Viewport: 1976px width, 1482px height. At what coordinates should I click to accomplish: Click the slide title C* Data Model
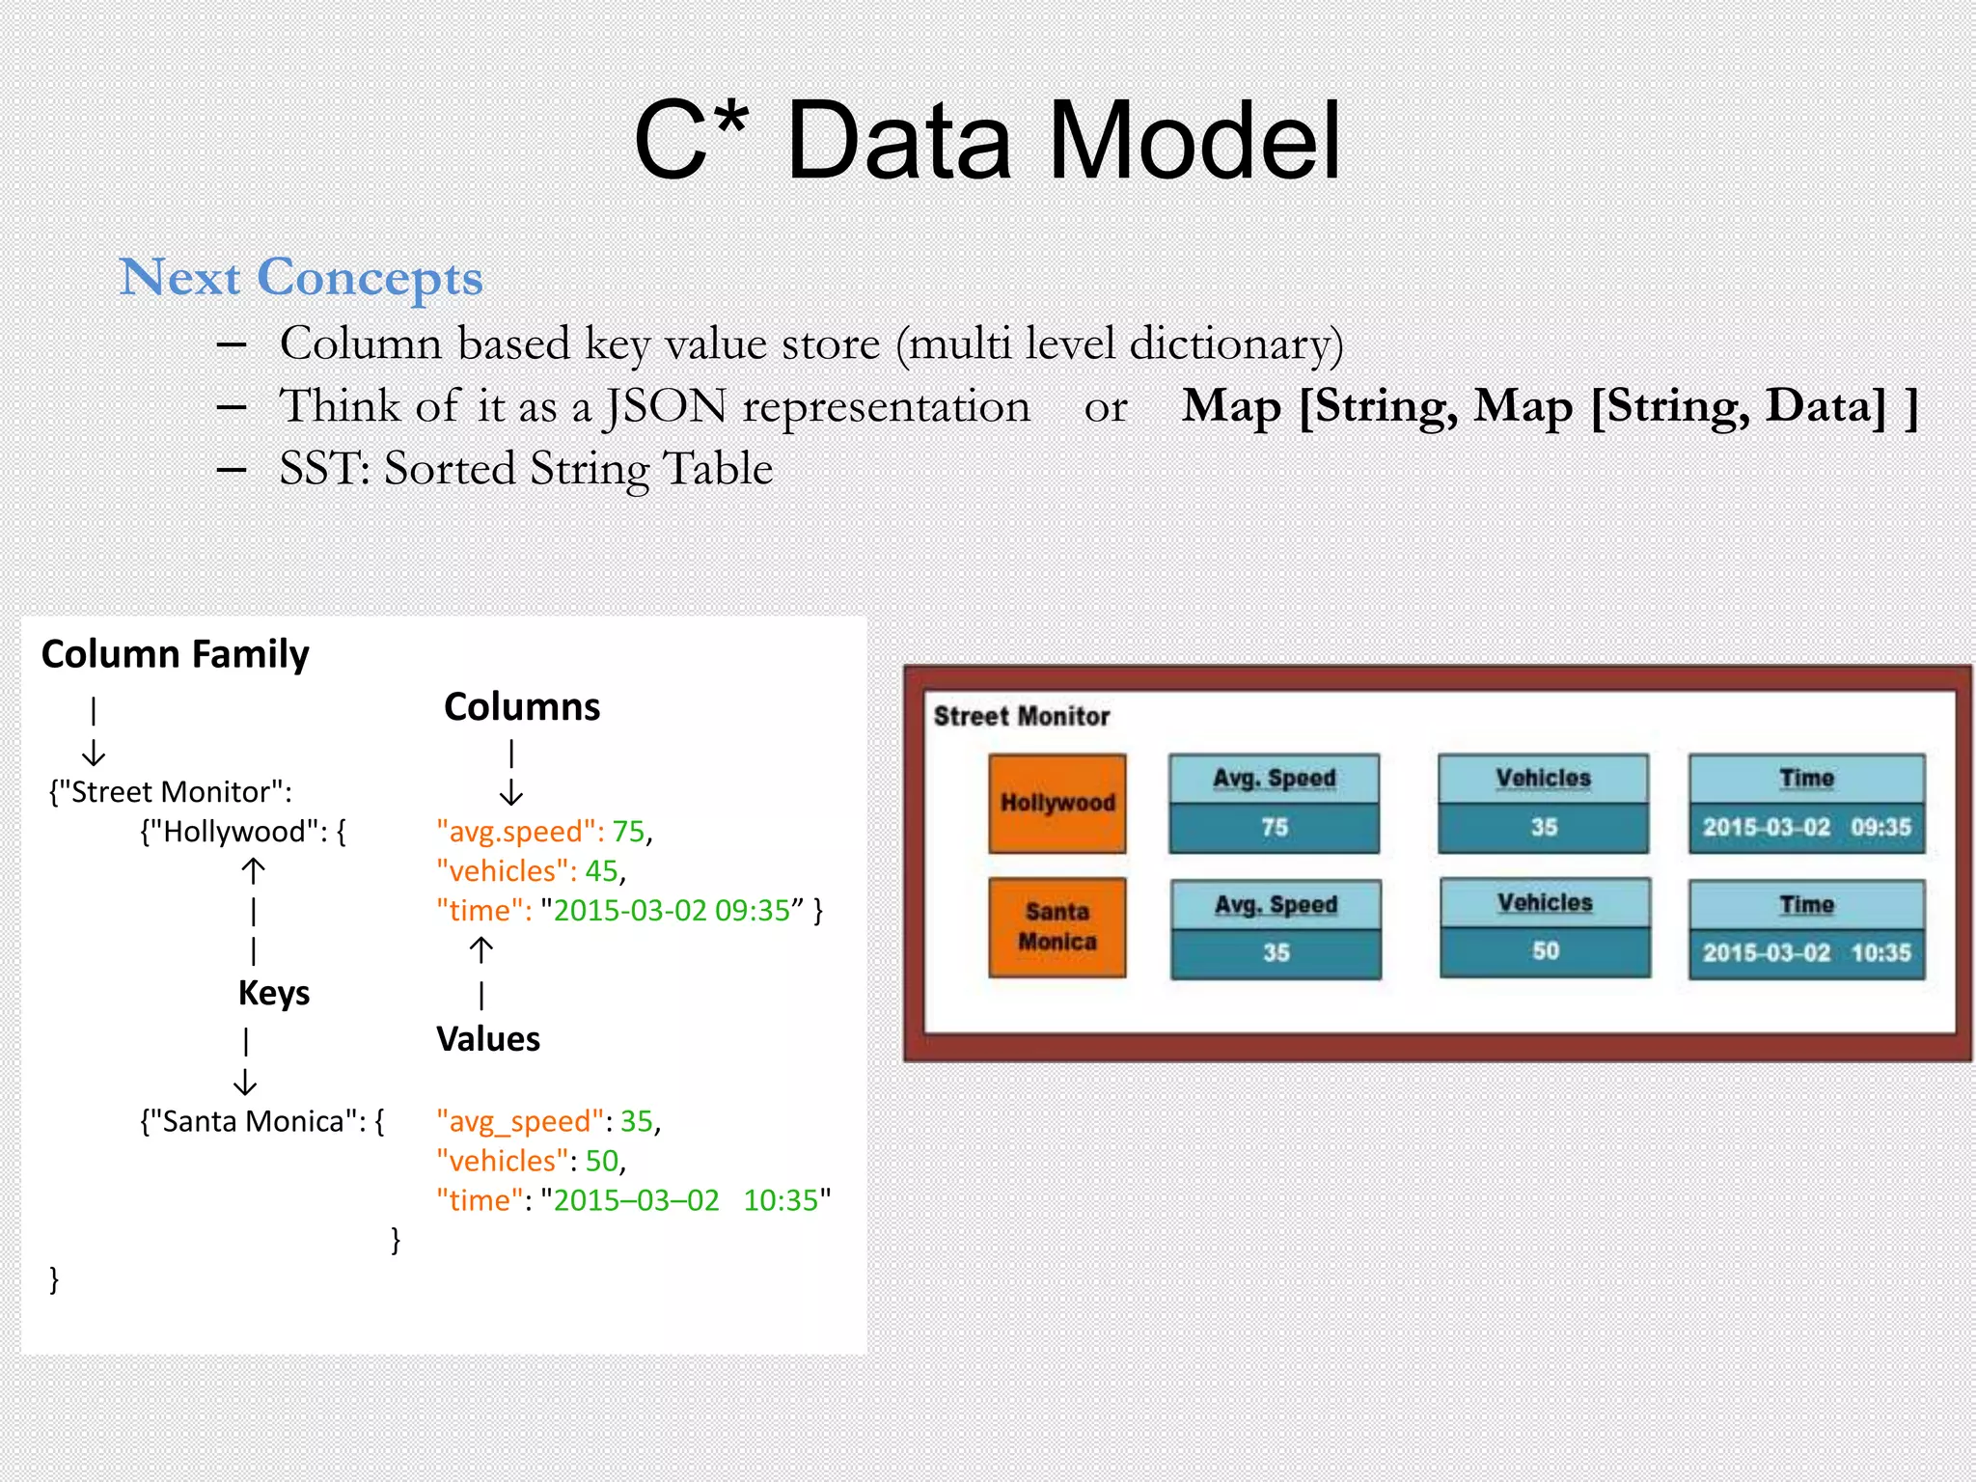coord(986,142)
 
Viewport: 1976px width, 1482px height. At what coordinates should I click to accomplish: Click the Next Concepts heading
coord(300,278)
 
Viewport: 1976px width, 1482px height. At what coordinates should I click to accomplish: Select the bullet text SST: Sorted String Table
coord(526,469)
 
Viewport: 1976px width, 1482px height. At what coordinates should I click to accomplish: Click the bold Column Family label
coord(175,654)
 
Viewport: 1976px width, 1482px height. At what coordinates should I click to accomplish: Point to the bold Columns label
coord(521,707)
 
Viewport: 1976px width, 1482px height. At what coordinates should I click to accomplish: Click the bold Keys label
coord(273,993)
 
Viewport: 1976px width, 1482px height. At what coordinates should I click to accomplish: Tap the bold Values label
coord(487,1039)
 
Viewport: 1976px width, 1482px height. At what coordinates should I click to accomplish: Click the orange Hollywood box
coord(1057,803)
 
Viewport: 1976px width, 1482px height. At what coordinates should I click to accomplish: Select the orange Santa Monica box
coord(1057,926)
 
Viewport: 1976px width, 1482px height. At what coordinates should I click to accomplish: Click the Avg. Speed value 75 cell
coord(1274,828)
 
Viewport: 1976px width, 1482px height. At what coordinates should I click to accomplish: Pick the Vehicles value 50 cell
coord(1545,951)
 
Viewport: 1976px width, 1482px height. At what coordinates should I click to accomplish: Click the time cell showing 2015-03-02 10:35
coord(1805,953)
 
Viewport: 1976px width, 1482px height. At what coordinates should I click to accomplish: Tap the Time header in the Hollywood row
coord(1805,778)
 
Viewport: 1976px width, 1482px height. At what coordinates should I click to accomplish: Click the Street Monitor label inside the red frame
coord(1021,716)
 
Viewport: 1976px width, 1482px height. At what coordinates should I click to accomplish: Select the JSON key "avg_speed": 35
coord(547,1121)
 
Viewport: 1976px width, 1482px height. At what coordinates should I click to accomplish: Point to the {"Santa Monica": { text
coord(261,1121)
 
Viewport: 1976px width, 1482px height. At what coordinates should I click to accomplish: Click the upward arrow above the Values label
coord(481,950)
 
